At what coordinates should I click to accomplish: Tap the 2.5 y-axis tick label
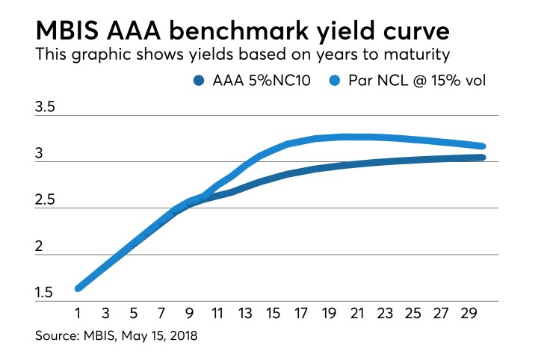click(x=46, y=200)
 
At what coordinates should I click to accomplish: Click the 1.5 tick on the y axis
click(x=46, y=293)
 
